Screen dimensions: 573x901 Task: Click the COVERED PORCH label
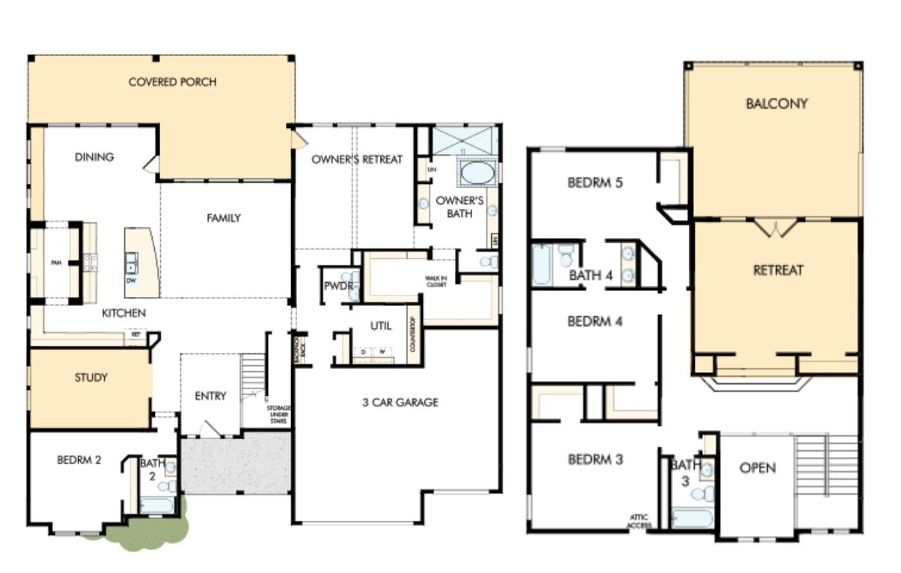(x=173, y=82)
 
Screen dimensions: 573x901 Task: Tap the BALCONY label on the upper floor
(x=776, y=104)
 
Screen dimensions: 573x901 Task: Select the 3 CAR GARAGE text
(x=399, y=403)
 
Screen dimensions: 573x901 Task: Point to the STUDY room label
(x=91, y=377)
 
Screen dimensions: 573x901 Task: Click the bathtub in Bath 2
(x=158, y=506)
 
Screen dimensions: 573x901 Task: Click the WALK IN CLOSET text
(x=436, y=281)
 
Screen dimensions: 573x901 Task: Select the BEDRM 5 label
(x=595, y=182)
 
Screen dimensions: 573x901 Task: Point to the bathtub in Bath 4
(x=542, y=266)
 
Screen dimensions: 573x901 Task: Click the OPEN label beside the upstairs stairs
(x=757, y=468)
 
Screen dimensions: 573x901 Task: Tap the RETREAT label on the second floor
(x=778, y=271)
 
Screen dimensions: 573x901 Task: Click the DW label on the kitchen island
(x=131, y=281)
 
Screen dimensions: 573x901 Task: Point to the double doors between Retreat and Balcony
(x=777, y=228)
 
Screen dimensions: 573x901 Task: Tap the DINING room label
(x=94, y=157)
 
